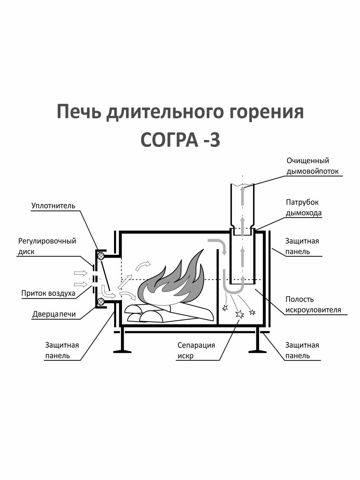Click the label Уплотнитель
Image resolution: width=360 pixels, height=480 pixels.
click(53, 206)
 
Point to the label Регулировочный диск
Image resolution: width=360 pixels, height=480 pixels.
click(47, 246)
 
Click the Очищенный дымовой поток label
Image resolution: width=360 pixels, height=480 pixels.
click(312, 166)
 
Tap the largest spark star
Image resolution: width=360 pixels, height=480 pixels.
click(240, 314)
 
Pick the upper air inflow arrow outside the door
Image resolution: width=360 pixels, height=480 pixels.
click(80, 273)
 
